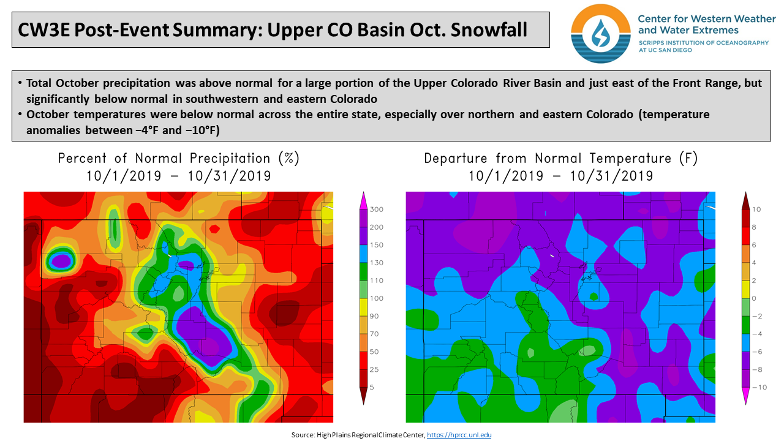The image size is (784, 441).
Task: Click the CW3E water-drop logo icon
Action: click(600, 33)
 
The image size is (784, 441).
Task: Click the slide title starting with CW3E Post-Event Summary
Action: click(273, 29)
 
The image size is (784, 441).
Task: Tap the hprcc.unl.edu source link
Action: click(459, 435)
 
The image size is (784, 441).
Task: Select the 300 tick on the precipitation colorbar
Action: click(376, 209)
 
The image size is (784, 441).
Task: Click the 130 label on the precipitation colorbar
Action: click(376, 263)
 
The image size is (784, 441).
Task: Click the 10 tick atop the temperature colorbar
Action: click(756, 209)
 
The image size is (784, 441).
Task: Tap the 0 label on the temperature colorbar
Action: click(755, 298)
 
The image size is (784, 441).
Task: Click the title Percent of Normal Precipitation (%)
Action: click(178, 158)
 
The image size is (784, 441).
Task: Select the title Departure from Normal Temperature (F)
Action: click(560, 158)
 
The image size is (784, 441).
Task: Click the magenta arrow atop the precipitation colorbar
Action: click(363, 200)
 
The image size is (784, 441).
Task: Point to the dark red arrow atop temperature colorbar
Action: click(745, 200)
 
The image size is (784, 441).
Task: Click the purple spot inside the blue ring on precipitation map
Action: click(61, 261)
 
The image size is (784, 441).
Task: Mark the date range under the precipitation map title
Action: click(178, 176)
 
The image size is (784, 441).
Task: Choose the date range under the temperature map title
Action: click(560, 176)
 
